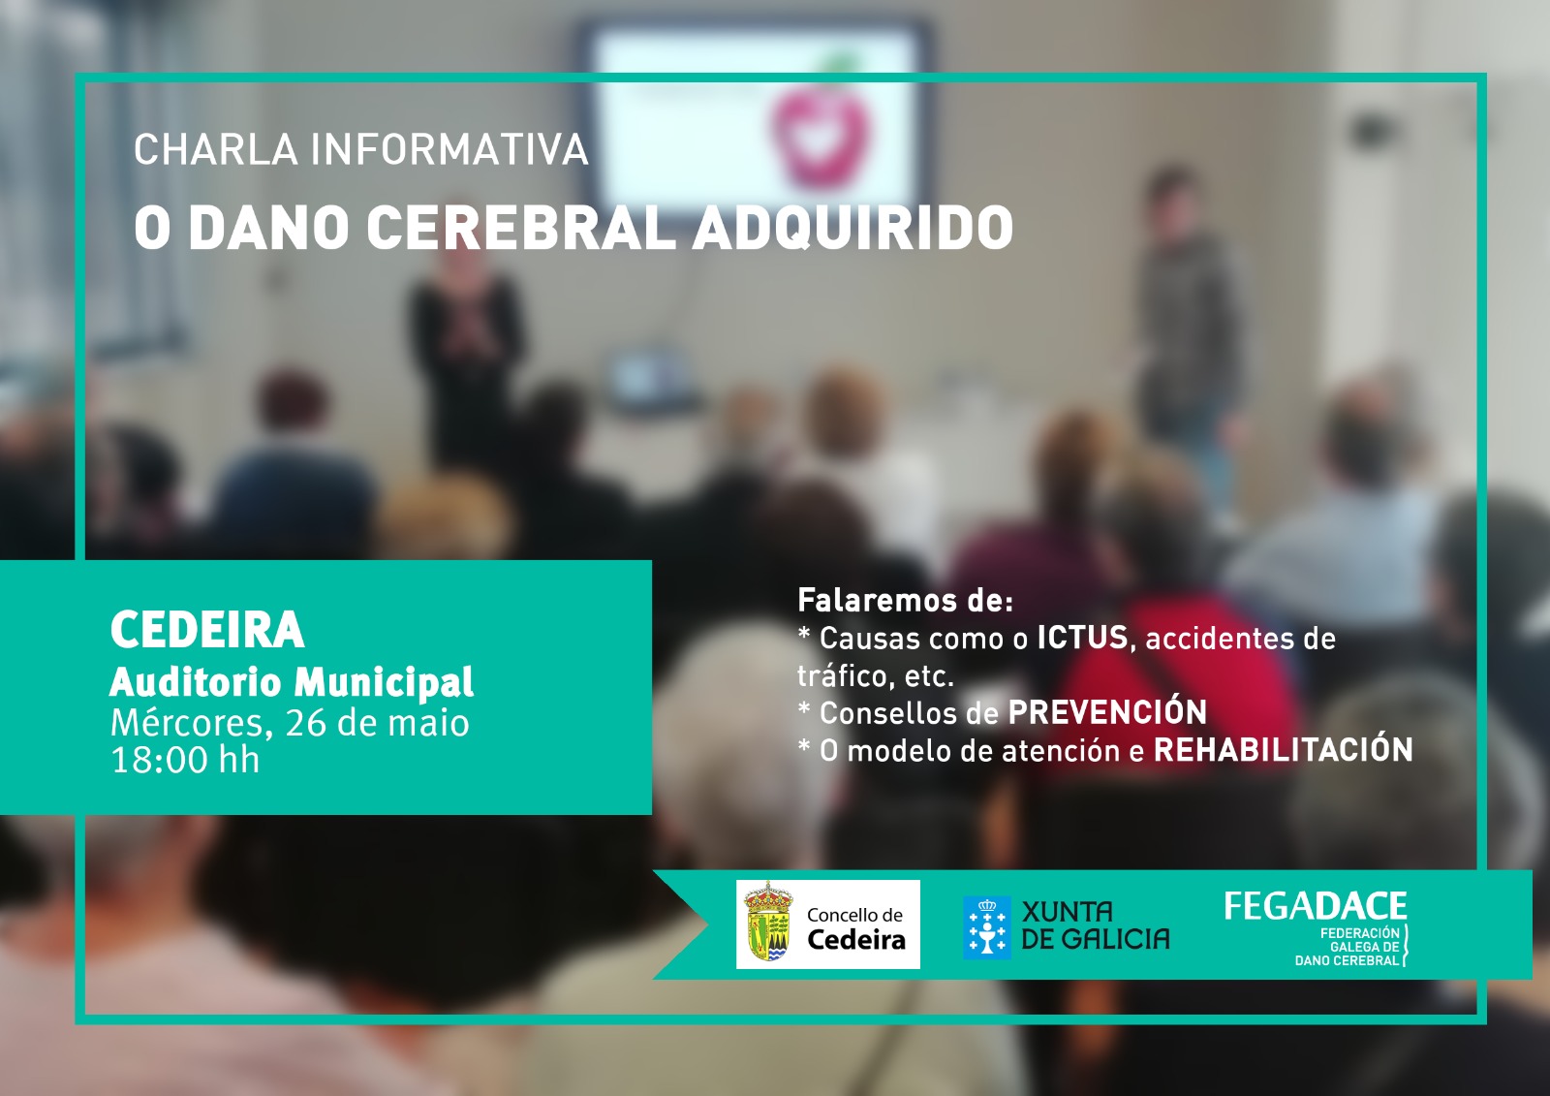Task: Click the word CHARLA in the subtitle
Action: pyautogui.click(x=216, y=149)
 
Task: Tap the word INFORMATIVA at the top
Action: pyautogui.click(x=449, y=149)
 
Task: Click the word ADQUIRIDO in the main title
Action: pyautogui.click(x=852, y=229)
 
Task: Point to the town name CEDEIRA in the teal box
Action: pyautogui.click(x=207, y=629)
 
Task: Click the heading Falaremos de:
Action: pyautogui.click(x=905, y=600)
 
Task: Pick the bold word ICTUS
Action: pyautogui.click(x=1083, y=638)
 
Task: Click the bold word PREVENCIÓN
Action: pyautogui.click(x=1107, y=712)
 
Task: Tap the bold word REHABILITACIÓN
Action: pyautogui.click(x=1283, y=750)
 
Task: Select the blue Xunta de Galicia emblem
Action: pyautogui.click(x=987, y=927)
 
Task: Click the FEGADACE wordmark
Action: pyautogui.click(x=1316, y=906)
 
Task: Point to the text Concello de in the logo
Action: pyautogui.click(x=854, y=916)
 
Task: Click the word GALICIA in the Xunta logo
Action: pyautogui.click(x=1115, y=939)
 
